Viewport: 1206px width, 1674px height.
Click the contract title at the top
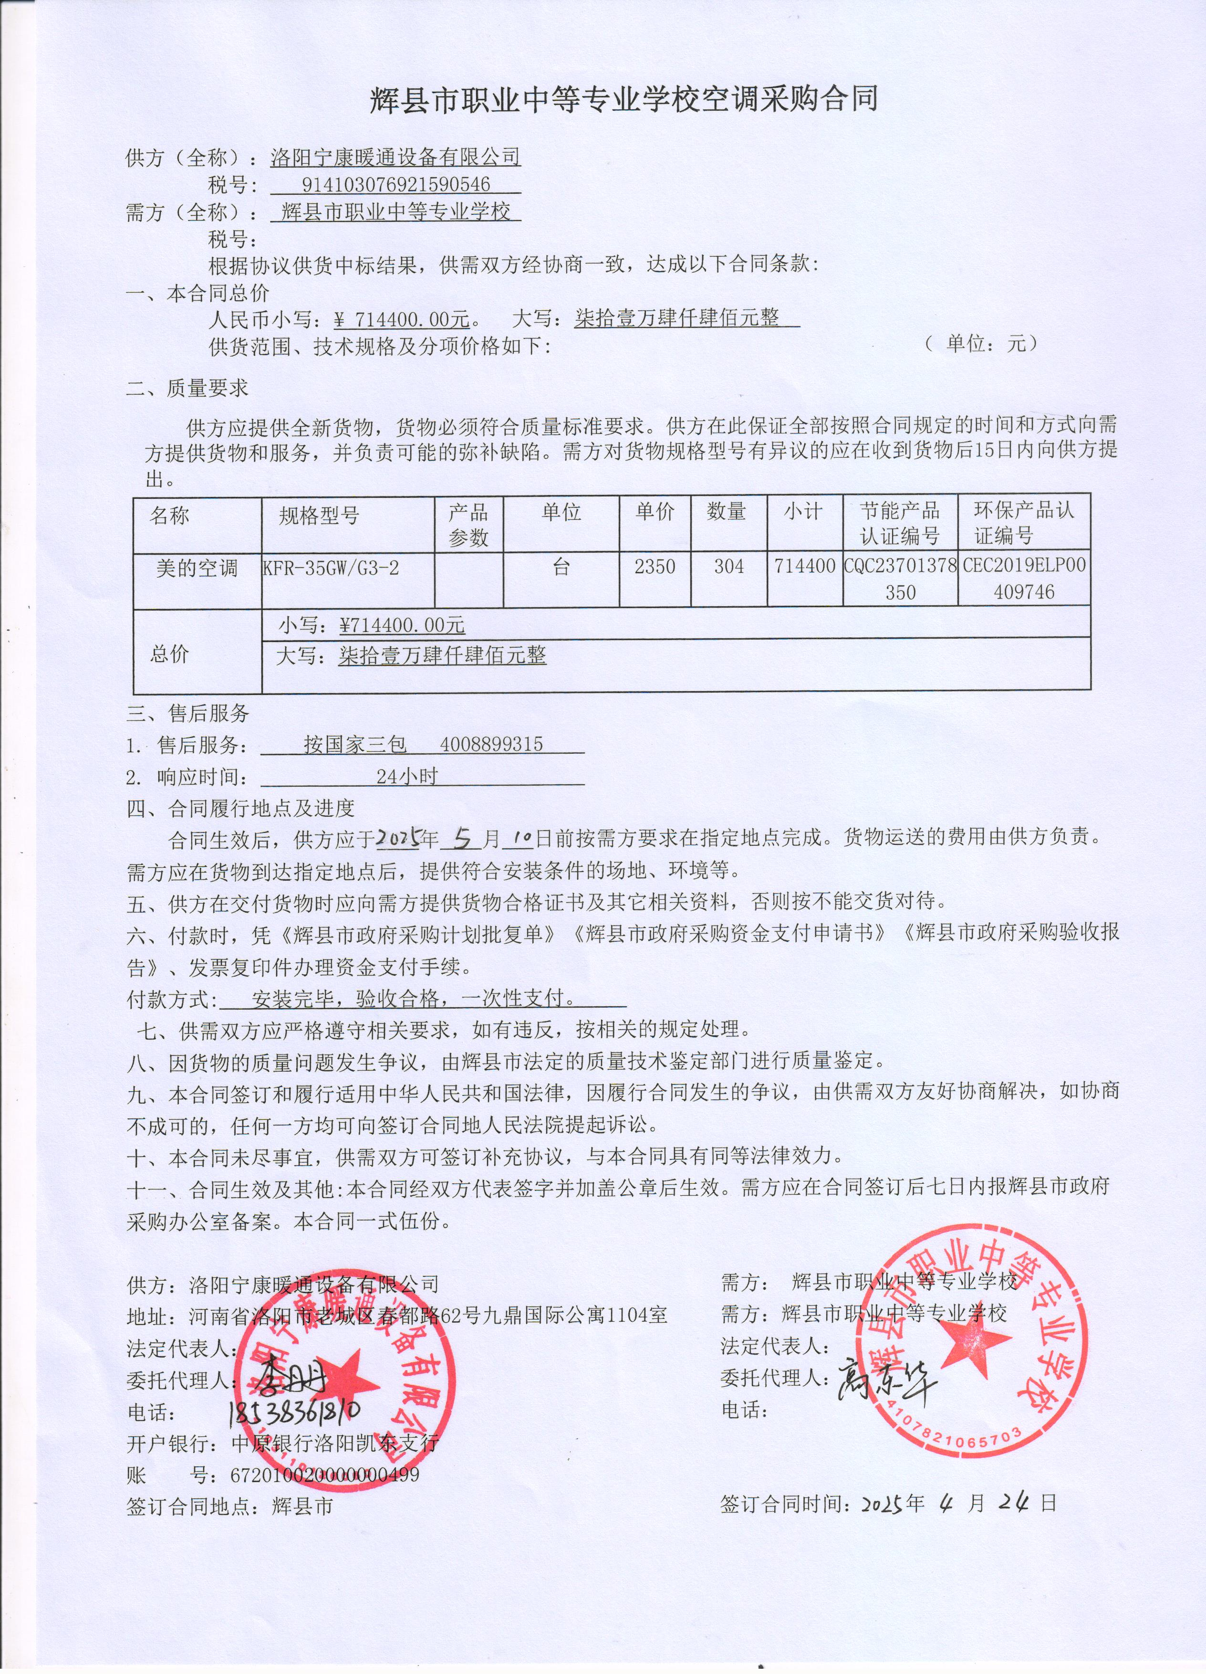click(624, 99)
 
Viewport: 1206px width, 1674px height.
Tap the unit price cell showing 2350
click(655, 567)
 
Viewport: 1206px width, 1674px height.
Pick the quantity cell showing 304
click(729, 567)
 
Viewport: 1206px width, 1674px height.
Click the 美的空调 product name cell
click(197, 568)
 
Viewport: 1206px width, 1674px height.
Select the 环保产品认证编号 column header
click(1024, 523)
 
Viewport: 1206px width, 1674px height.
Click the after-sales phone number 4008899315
click(491, 744)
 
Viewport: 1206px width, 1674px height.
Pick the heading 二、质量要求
click(187, 388)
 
